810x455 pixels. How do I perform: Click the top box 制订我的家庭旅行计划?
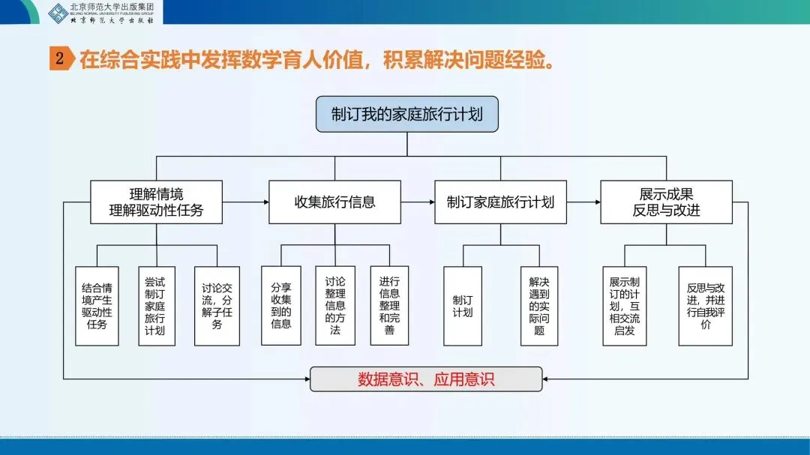(406, 115)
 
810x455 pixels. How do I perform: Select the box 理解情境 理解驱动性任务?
(156, 202)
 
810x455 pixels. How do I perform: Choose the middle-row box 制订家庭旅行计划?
(500, 202)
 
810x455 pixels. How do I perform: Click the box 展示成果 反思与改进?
(666, 202)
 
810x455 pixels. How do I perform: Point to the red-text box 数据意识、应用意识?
(426, 379)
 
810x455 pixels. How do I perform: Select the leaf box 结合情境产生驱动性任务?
(97, 306)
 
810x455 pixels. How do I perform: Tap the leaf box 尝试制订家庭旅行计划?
(156, 306)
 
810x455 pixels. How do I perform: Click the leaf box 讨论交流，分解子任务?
(217, 306)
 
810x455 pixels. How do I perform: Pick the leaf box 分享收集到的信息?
(281, 306)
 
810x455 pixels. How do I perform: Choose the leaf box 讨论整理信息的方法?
(335, 306)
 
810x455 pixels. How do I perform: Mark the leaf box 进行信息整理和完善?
(389, 306)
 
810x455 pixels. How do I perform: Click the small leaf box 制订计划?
(463, 306)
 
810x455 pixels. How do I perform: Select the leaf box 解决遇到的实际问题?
(539, 306)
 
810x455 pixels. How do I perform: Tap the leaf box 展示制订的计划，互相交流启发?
(625, 306)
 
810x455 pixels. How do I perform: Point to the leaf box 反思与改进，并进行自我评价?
(706, 306)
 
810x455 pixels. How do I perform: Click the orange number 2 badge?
(60, 59)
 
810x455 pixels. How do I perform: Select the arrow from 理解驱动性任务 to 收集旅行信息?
(246, 202)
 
